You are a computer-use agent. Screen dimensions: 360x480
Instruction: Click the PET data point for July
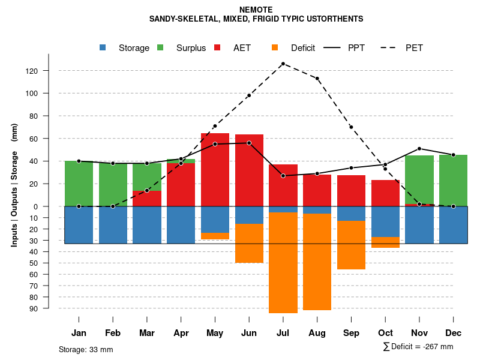[x=283, y=64]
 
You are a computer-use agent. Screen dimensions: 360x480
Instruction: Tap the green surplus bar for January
[x=79, y=184]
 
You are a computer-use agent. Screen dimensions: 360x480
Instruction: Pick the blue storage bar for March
[x=147, y=225]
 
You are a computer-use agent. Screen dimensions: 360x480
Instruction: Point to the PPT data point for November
[x=419, y=149]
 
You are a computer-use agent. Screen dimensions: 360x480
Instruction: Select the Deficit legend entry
[x=294, y=48]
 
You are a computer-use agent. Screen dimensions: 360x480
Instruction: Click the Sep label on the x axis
[x=351, y=333]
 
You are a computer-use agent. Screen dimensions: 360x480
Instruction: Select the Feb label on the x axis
[x=113, y=333]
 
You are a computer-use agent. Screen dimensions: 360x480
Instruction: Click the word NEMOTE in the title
[x=256, y=10]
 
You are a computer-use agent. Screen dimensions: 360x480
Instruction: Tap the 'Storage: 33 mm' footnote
[x=86, y=349]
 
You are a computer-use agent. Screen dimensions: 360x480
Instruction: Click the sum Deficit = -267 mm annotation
[x=418, y=347]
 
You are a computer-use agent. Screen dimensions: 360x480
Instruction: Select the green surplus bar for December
[x=453, y=181]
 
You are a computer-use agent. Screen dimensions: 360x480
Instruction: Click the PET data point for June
[x=249, y=95]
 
